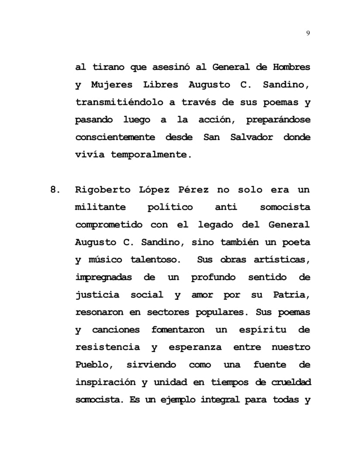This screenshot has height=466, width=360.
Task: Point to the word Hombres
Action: (291, 67)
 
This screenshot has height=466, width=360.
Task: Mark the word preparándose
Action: (278, 120)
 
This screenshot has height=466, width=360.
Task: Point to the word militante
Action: (101, 207)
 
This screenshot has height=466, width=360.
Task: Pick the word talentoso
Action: (155, 260)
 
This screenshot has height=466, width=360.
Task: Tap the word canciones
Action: (116, 330)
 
